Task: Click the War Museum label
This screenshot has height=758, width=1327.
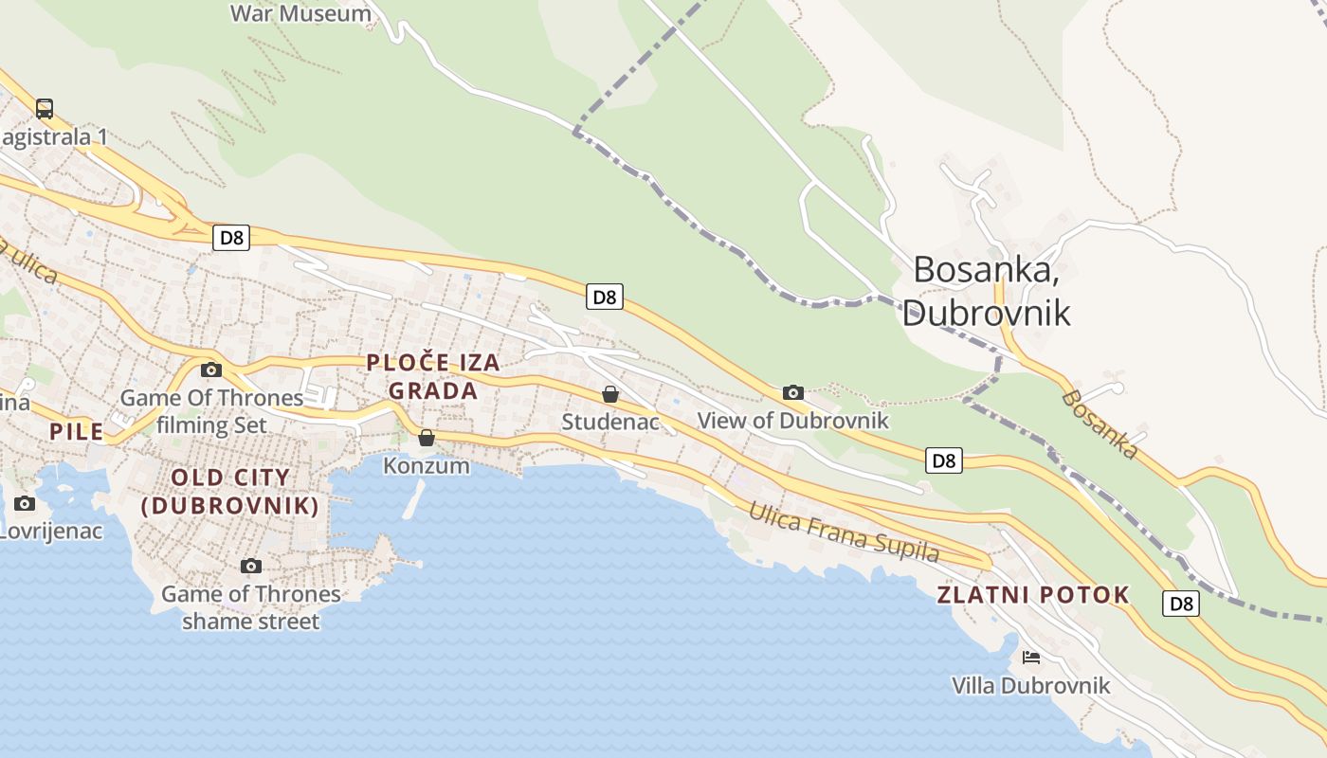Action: click(x=301, y=13)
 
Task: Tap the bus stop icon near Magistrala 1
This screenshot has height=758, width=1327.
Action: click(x=45, y=108)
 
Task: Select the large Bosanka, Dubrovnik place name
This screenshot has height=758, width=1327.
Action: click(x=986, y=291)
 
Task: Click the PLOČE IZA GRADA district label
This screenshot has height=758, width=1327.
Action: click(x=433, y=376)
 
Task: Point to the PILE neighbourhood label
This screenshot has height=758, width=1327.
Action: click(x=76, y=432)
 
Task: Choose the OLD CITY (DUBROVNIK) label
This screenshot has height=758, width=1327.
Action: click(x=230, y=491)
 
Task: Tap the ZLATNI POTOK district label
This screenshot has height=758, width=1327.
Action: click(x=1033, y=595)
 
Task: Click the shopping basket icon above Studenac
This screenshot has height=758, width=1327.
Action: click(x=610, y=393)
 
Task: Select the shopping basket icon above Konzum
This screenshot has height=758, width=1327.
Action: click(x=427, y=437)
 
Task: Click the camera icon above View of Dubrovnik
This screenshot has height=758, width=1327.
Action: click(x=793, y=392)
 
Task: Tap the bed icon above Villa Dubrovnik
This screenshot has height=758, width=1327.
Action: click(x=1031, y=657)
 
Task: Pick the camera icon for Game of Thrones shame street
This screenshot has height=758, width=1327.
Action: click(x=251, y=566)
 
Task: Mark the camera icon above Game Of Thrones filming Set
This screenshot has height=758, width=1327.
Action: click(x=211, y=370)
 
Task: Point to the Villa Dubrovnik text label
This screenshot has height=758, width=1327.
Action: click(x=1030, y=685)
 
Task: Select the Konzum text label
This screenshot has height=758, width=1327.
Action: click(x=427, y=465)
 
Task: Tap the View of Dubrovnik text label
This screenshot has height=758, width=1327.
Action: click(x=792, y=420)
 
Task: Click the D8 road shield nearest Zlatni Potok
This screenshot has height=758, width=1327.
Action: click(x=1181, y=604)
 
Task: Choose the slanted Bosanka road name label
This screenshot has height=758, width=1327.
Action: click(x=1100, y=424)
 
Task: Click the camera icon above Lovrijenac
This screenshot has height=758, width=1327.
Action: click(x=25, y=503)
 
